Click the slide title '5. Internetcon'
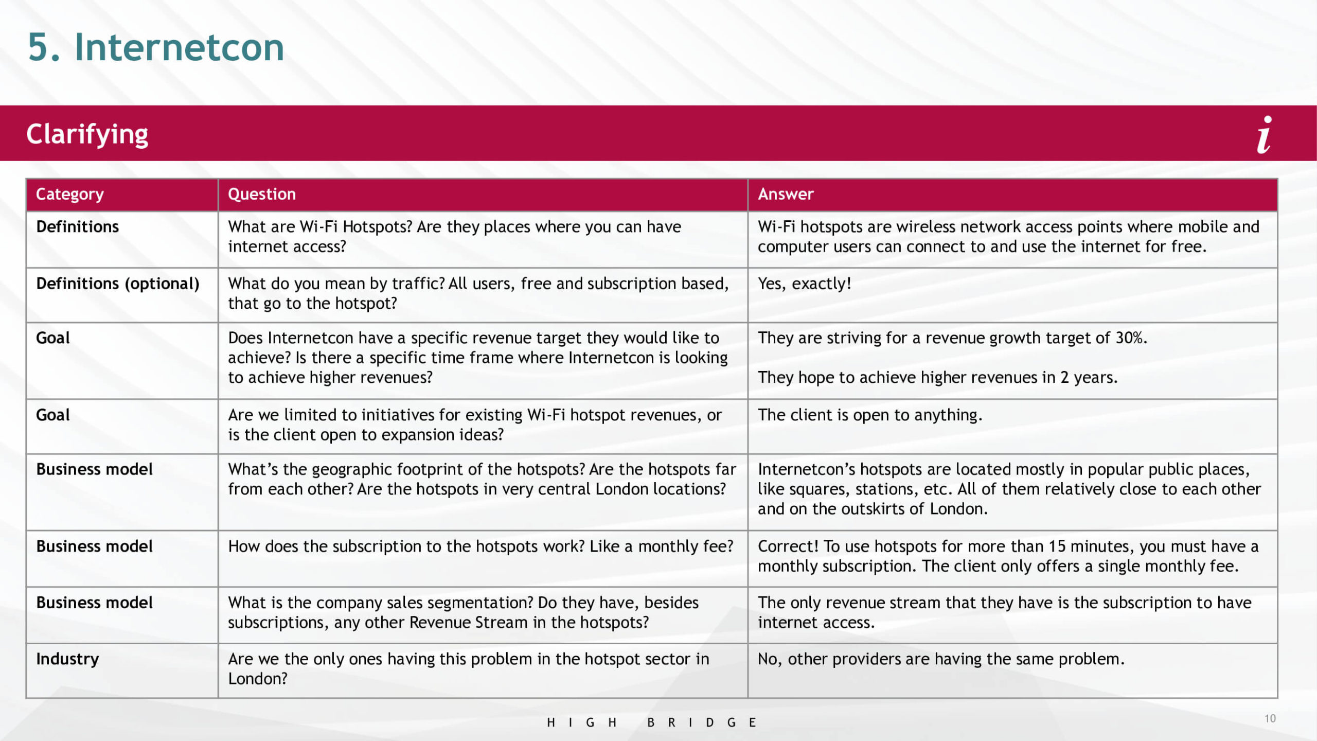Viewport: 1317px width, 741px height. pyautogui.click(x=155, y=47)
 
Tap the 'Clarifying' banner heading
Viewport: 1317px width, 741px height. pyautogui.click(x=87, y=134)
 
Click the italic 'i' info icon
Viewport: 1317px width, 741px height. pyautogui.click(x=1265, y=135)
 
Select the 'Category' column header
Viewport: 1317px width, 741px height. pyautogui.click(x=70, y=195)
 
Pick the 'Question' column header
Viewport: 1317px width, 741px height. pyautogui.click(x=262, y=195)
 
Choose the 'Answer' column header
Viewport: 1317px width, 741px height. pyautogui.click(x=786, y=195)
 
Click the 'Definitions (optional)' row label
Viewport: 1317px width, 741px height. pyautogui.click(x=118, y=284)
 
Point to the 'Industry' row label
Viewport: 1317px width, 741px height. pyautogui.click(x=67, y=659)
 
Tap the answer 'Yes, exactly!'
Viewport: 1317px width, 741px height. pyautogui.click(x=804, y=284)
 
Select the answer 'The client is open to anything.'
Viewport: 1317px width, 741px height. pyautogui.click(x=870, y=415)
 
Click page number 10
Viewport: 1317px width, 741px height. pyautogui.click(x=1270, y=718)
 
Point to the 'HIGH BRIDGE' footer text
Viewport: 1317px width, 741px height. pyautogui.click(x=651, y=722)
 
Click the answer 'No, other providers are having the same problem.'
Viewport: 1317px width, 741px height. pyautogui.click(x=941, y=659)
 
